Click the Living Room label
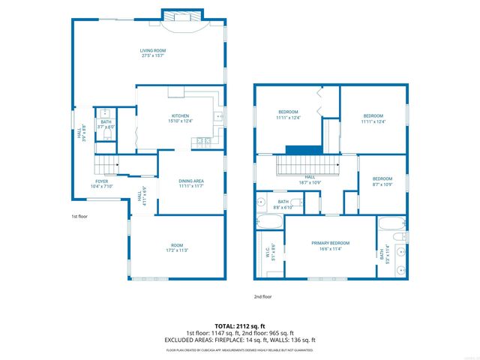pyautogui.click(x=152, y=53)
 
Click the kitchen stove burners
pyautogui.click(x=202, y=141)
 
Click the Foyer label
pyautogui.click(x=100, y=183)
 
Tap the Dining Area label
pyautogui.click(x=191, y=183)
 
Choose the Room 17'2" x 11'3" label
pyautogui.click(x=177, y=248)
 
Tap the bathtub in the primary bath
pyautogui.click(x=391, y=223)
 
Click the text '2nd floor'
pyautogui.click(x=262, y=296)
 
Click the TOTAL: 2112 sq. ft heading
pyautogui.click(x=239, y=325)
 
